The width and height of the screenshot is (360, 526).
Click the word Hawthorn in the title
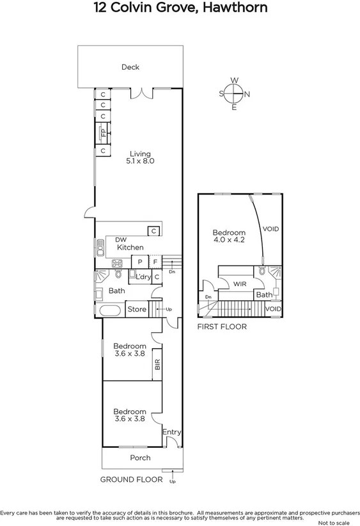pos(224,8)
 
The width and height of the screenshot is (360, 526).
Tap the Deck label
pos(130,67)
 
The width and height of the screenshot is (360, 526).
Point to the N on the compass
pos(248,95)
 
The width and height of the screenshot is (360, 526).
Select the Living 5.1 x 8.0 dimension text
pos(140,162)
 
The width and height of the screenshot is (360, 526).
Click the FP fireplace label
pos(102,133)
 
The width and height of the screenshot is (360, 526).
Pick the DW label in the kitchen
pos(121,240)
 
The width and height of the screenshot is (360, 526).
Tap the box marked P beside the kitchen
pos(140,262)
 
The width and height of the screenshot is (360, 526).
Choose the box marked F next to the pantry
pos(155,262)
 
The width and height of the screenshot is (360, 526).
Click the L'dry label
pos(143,276)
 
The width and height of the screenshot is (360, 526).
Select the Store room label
pos(137,310)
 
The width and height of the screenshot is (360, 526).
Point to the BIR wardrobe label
pos(157,365)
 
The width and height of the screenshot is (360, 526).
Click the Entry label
pos(171,433)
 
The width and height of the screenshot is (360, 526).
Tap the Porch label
pos(140,458)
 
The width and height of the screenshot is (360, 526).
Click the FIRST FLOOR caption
pos(222,326)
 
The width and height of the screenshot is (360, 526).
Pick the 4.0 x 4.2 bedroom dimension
pos(229,241)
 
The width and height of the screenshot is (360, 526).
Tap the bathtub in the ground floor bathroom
pos(109,312)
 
